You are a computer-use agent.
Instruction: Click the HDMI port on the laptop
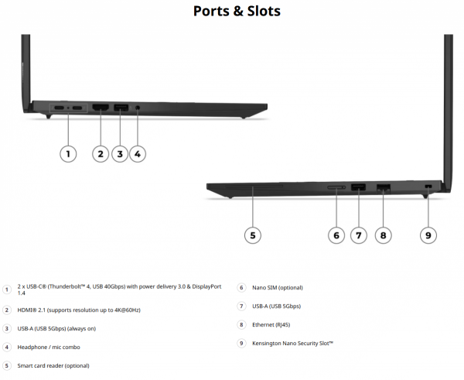101,108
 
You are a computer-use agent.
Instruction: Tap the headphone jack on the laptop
138,108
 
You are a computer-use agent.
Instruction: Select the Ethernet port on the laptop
384,187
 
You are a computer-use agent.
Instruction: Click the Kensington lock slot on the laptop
428,187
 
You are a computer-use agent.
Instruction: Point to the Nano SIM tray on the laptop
336,187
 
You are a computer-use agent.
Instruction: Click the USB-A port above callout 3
121,108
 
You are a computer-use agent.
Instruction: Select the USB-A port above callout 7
358,187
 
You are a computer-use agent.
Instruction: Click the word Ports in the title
211,12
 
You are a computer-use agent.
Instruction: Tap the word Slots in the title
264,11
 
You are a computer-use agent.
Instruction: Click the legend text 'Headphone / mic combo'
49,347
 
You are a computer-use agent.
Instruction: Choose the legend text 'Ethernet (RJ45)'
271,325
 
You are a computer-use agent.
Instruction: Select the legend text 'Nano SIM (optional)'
278,288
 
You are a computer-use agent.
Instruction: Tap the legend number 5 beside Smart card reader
6,366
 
